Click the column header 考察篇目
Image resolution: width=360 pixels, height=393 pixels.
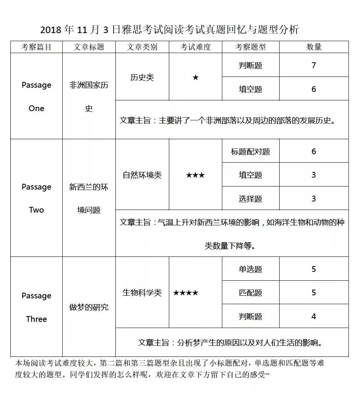pos(36,47)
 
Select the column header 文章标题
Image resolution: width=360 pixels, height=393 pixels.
pos(89,47)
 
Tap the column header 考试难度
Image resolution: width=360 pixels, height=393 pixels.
pos(195,47)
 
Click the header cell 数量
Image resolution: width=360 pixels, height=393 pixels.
pos(314,47)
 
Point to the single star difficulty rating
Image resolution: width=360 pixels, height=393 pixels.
pos(195,77)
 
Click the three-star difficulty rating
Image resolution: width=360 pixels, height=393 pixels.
pos(195,175)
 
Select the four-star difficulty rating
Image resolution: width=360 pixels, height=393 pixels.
pos(186,293)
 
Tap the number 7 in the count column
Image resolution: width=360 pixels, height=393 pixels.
pos(314,65)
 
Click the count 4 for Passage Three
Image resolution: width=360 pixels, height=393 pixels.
pos(314,316)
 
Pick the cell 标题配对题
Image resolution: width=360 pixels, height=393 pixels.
pos(250,152)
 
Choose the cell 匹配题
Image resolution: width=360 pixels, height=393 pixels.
pos(250,293)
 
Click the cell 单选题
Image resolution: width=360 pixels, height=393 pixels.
pos(250,269)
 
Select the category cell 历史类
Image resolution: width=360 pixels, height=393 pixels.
pos(142,77)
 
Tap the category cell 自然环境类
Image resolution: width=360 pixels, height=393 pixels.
pos(142,175)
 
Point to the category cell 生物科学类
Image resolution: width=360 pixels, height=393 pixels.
pos(142,293)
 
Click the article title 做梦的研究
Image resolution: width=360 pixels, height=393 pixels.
pos(89,307)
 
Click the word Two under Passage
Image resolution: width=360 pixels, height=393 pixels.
pos(36,210)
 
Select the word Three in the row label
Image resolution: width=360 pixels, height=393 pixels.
pos(36,319)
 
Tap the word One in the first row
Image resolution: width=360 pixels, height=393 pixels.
pos(36,108)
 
